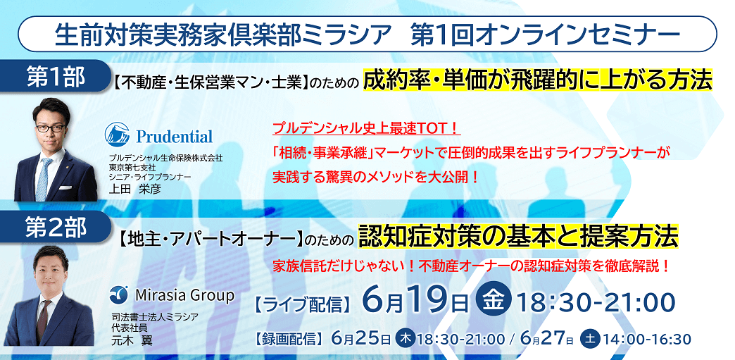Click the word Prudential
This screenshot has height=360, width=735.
[175, 137]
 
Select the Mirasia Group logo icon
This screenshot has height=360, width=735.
[118, 294]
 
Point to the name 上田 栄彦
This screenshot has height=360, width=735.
[128, 189]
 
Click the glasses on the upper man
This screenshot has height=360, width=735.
[51, 128]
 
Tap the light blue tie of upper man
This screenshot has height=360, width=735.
[44, 178]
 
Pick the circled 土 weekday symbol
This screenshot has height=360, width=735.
[590, 338]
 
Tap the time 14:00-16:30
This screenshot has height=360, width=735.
[647, 339]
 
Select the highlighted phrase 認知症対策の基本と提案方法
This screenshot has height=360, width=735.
[518, 236]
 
